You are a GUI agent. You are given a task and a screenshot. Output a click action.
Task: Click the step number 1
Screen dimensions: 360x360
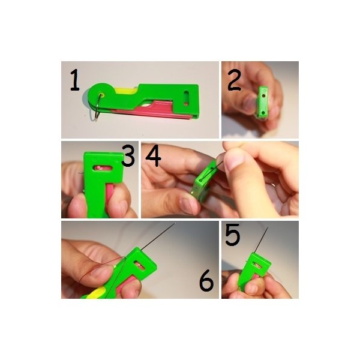74,80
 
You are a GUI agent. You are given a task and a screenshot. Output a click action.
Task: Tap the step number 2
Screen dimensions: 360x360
234,80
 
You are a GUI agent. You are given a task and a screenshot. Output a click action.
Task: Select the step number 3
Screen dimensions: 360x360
128,155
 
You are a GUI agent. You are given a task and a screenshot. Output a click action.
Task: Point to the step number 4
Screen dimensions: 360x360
153,155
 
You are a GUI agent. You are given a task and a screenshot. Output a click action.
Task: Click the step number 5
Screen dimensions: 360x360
232,235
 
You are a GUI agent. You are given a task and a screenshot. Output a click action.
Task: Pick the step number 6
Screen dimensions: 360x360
206,281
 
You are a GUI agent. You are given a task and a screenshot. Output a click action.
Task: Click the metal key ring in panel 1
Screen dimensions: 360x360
97,107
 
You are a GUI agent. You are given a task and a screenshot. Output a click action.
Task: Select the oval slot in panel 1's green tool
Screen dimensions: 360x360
187,98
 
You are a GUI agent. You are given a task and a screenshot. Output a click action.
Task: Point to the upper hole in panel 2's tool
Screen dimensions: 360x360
263,95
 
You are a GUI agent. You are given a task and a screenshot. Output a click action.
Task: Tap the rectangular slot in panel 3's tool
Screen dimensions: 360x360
103,168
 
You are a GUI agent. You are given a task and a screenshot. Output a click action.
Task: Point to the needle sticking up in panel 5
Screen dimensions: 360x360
261,240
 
